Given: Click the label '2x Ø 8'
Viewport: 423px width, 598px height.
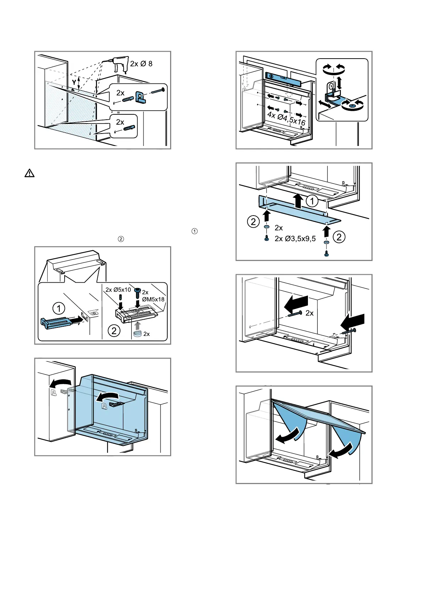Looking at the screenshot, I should coord(141,64).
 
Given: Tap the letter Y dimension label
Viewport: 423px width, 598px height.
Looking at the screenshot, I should coord(74,82).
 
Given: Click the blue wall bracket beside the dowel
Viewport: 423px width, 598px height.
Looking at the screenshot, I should coord(140,97).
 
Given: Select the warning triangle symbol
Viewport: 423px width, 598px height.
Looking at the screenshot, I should coord(29,173).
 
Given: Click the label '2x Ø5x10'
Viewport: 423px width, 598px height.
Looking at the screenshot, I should coord(118,290).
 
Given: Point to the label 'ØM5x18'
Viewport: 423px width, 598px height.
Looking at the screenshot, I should coord(153,299).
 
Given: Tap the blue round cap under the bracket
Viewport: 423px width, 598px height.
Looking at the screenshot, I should coord(137,333).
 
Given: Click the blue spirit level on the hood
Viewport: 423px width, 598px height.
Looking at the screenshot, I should coord(282,78).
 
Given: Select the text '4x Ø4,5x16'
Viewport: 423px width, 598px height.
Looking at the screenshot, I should coord(286,118).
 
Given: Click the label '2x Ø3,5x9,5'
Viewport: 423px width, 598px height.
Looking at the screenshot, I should coord(295,239).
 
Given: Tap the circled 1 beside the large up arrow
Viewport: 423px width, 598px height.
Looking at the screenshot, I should coord(312,201).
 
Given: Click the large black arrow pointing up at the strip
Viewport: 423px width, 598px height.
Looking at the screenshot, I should coord(299,201).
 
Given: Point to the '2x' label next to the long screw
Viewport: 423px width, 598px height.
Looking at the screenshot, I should coord(309,313).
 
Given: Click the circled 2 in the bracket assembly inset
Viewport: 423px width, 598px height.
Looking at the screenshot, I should coord(114,331).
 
